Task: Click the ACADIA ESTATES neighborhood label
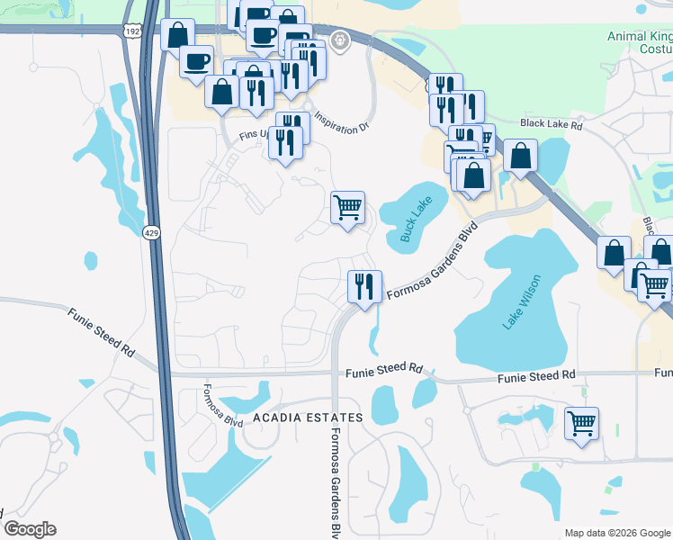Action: point(307,418)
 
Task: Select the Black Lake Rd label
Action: point(552,125)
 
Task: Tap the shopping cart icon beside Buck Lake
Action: point(347,208)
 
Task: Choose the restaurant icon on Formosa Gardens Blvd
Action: point(364,287)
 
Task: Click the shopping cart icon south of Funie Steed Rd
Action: point(581,422)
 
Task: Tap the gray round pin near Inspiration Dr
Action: point(339,40)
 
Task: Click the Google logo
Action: point(30,529)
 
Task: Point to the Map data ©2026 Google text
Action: point(616,533)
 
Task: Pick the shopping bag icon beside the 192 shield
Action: point(177,34)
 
